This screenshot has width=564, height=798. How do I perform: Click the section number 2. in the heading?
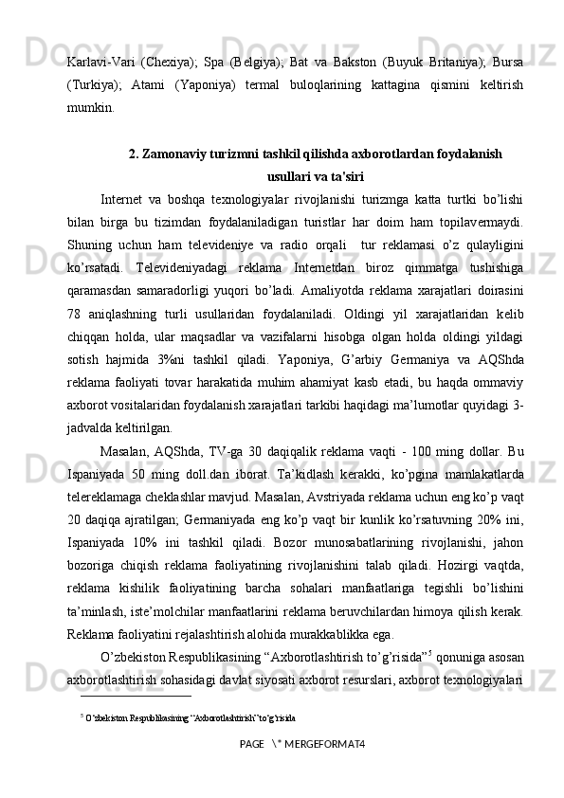(x=134, y=154)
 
